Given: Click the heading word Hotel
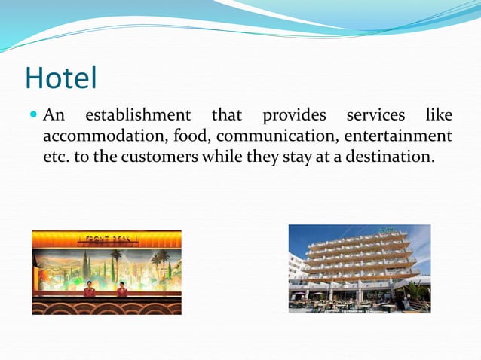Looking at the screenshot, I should (61, 78).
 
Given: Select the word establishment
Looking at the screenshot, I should (138, 116).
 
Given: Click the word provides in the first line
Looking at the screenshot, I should (294, 116).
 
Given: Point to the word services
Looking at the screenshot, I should (375, 116).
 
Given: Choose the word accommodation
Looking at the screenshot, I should (104, 136).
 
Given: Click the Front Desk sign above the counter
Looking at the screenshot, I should (106, 238).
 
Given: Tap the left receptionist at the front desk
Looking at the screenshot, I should (89, 290).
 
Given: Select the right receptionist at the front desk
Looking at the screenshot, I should (121, 290).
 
